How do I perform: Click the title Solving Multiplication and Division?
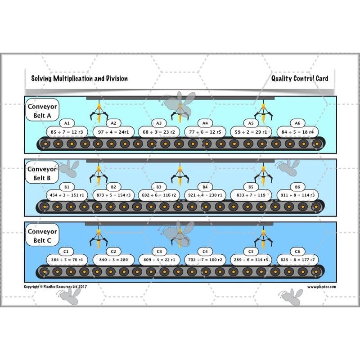click(79, 78)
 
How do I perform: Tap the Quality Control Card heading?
click(300, 78)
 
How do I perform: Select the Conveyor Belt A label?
click(42, 111)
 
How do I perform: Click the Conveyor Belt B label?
click(42, 174)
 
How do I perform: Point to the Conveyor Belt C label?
click(42, 236)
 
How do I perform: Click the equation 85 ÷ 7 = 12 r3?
click(67, 132)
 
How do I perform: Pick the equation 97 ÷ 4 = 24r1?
click(113, 132)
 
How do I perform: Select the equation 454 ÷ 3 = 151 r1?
click(67, 195)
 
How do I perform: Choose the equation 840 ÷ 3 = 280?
click(113, 260)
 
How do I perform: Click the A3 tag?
click(159, 123)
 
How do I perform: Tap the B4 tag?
click(205, 186)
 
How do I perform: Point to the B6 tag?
click(297, 186)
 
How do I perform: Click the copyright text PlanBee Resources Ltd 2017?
click(57, 286)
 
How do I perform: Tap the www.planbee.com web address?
click(322, 286)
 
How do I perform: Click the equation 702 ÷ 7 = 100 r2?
click(205, 260)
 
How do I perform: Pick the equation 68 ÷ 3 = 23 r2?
click(159, 132)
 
